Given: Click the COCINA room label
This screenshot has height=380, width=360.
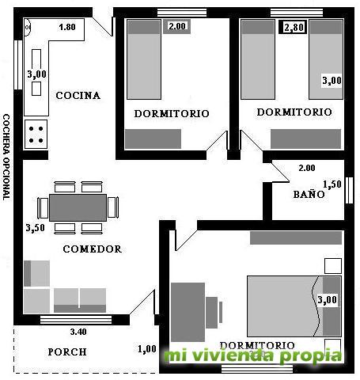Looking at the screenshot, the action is [x=78, y=96].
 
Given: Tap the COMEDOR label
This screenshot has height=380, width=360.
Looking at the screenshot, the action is [x=93, y=249].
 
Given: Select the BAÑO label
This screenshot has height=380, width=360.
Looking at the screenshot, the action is [x=309, y=194].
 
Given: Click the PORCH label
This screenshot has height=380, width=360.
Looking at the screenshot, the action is [x=67, y=351].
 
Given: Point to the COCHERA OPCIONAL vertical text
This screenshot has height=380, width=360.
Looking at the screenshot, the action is [x=6, y=157].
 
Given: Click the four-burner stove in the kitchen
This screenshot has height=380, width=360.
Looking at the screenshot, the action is [x=36, y=135].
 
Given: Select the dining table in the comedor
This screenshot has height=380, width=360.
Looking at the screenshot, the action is [x=78, y=207].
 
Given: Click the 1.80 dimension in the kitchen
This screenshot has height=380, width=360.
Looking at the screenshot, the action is [x=67, y=27].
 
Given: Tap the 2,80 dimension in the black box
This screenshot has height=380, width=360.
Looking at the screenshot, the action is [x=293, y=27].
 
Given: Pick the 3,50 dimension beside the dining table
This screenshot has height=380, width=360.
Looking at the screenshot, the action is [x=35, y=227].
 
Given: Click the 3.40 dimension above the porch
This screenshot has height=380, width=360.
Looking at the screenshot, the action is [x=78, y=332].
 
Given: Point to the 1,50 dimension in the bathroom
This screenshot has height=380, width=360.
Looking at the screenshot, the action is [x=332, y=184].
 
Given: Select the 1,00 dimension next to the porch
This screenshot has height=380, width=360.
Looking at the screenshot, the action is [x=147, y=349].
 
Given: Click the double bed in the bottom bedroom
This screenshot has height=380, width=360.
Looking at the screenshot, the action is [x=294, y=306].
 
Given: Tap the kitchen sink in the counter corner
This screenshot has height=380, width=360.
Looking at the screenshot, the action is [x=28, y=27].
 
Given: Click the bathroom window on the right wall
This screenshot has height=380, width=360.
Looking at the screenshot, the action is [x=349, y=190].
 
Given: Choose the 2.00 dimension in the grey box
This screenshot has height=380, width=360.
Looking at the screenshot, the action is [x=177, y=26].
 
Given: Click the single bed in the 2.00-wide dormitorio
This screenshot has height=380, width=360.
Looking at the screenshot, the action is [x=144, y=59].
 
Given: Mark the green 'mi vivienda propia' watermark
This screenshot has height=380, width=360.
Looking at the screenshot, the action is [x=253, y=355].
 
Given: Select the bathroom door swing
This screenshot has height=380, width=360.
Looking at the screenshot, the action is [x=281, y=173].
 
